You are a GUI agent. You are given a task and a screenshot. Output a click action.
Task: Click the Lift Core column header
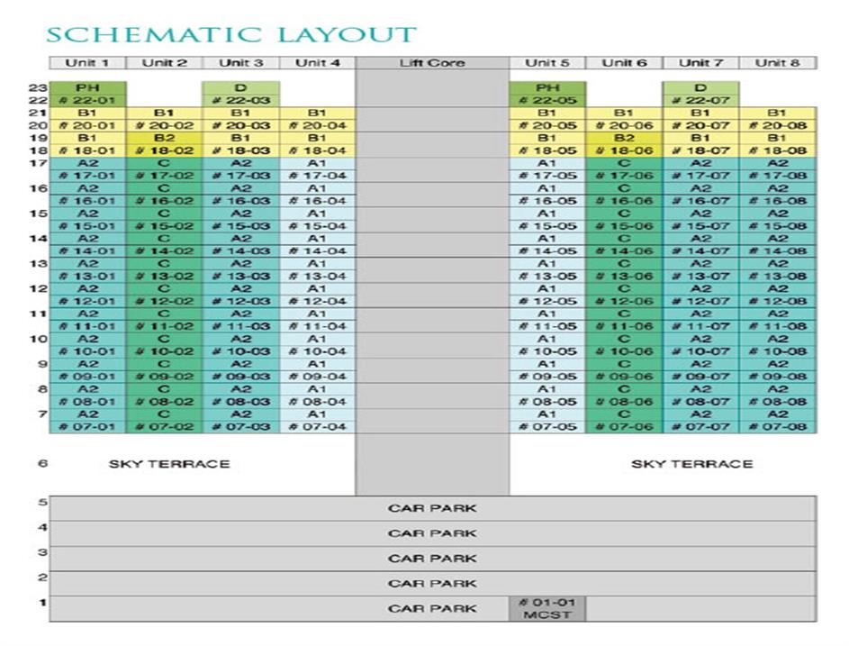432,63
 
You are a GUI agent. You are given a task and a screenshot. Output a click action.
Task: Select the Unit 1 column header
87,63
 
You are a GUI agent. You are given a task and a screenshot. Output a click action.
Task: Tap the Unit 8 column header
778,63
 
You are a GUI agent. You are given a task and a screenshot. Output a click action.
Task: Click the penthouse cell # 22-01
87,100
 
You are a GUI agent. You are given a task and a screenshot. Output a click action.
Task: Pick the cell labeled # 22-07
700,100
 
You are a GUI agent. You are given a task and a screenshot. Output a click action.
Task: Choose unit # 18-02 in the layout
164,150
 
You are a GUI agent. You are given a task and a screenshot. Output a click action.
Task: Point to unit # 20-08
778,125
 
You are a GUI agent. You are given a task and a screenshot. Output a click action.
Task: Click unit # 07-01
87,426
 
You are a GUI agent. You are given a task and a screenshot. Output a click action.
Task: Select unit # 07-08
778,426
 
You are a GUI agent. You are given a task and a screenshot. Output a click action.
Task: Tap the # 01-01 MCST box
546,608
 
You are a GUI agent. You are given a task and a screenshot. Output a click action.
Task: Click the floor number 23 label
38,87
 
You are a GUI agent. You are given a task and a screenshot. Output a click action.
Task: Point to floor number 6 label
41,464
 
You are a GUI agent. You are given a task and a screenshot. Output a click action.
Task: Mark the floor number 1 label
41,602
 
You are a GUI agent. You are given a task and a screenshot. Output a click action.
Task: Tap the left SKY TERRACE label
169,464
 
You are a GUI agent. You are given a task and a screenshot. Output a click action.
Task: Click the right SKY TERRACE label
691,464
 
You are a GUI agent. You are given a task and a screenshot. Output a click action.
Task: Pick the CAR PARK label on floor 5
432,508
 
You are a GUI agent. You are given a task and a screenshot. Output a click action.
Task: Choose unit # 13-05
546,276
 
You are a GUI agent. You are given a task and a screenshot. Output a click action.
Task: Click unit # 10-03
240,351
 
